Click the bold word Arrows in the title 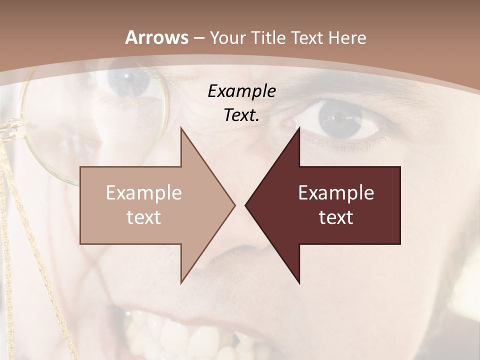pos(157,37)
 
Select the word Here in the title pos(346,37)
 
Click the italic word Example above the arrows pos(241,91)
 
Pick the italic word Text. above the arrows pos(241,115)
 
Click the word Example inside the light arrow pos(143,193)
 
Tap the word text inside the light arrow pos(143,217)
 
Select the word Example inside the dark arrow pos(336,193)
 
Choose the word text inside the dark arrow pos(336,217)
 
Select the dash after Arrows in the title pos(198,38)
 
